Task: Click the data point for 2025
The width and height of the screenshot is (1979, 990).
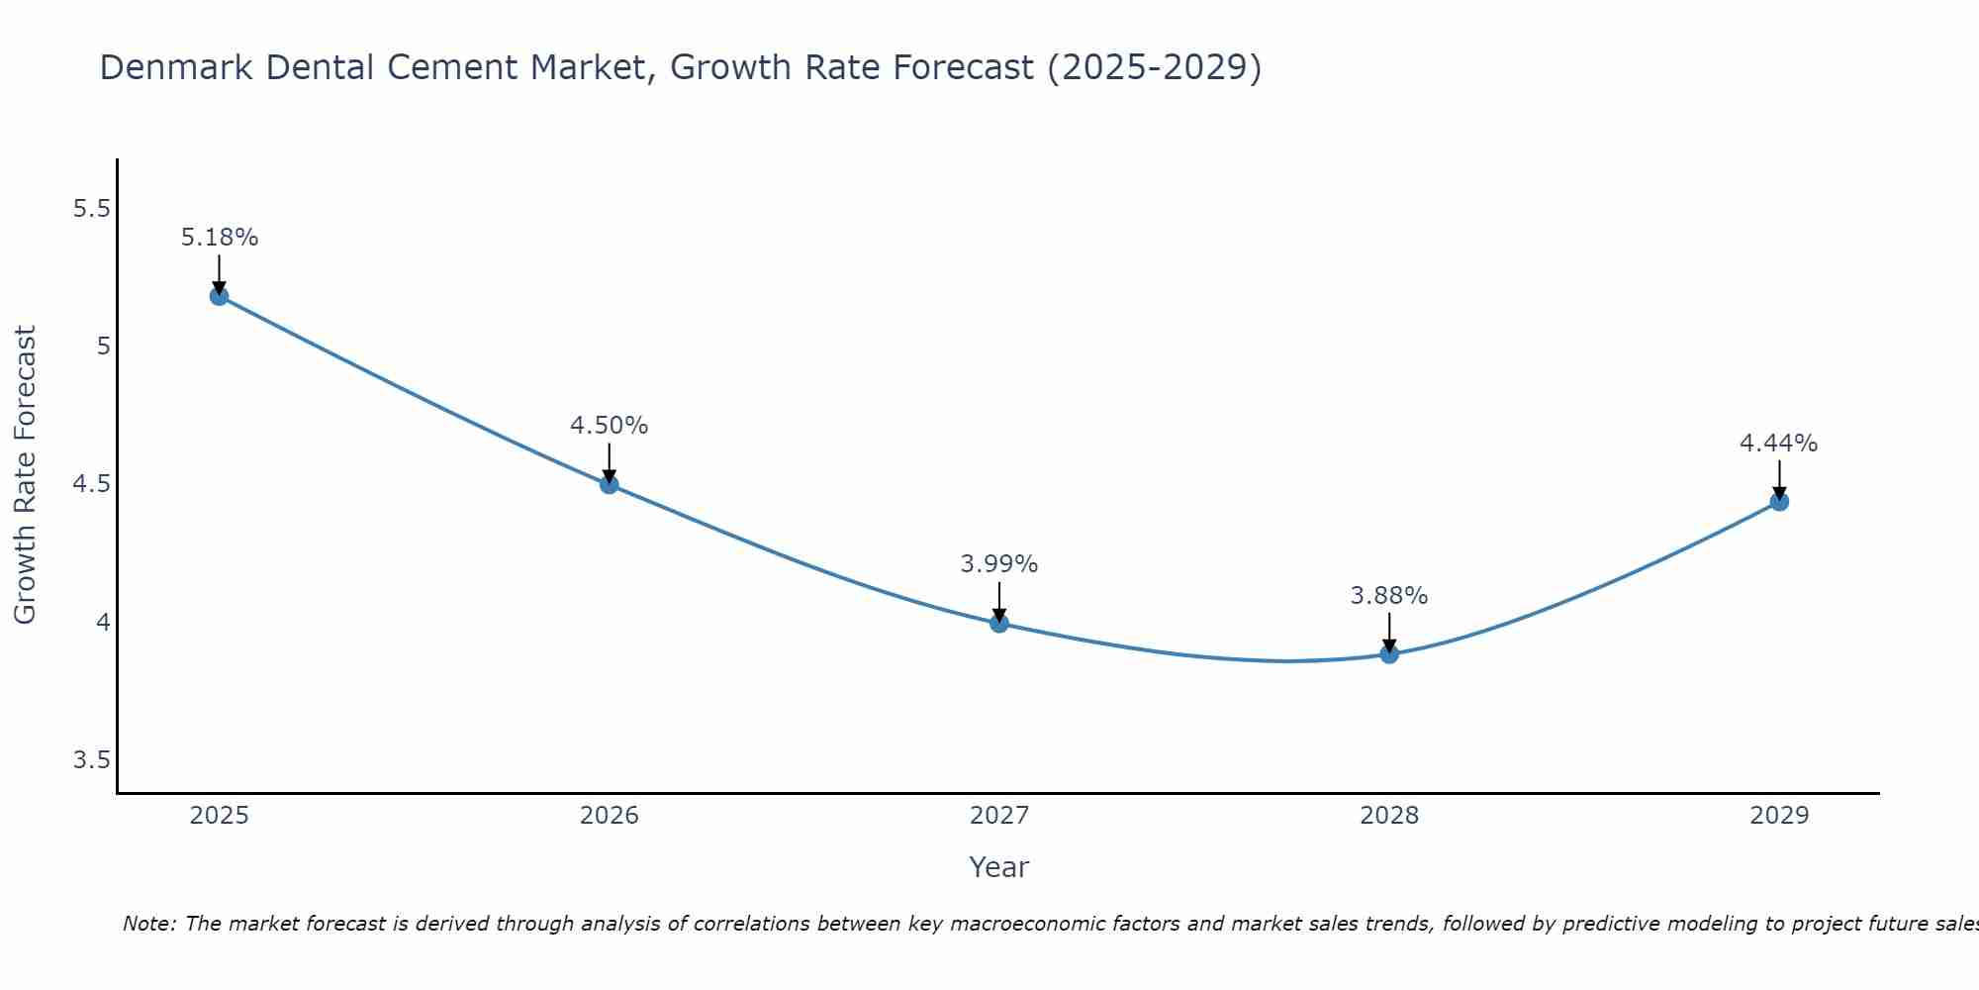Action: point(219,296)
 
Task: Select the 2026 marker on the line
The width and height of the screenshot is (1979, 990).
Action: point(610,484)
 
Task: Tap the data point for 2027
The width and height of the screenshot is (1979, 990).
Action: point(999,623)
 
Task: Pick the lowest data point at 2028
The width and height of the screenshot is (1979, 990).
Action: point(1389,653)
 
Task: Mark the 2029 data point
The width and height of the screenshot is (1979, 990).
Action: point(1779,502)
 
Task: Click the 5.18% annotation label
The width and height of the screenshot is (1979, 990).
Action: point(220,238)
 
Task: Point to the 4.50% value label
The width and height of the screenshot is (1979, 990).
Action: point(610,426)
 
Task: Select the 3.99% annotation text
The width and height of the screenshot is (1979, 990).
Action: point(999,564)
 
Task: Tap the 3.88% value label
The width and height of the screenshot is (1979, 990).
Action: point(1389,596)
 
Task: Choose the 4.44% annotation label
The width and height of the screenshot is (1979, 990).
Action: point(1779,444)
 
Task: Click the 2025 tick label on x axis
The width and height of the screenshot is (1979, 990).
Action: point(219,816)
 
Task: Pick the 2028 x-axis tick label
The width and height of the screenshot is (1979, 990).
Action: point(1389,816)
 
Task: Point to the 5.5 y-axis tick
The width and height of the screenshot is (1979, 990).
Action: point(91,209)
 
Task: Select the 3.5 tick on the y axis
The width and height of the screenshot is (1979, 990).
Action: point(91,760)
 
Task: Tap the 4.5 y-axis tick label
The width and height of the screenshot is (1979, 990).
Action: point(91,484)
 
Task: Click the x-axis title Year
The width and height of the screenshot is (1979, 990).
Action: point(999,867)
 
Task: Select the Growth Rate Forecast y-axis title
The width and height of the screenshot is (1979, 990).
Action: point(25,475)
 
